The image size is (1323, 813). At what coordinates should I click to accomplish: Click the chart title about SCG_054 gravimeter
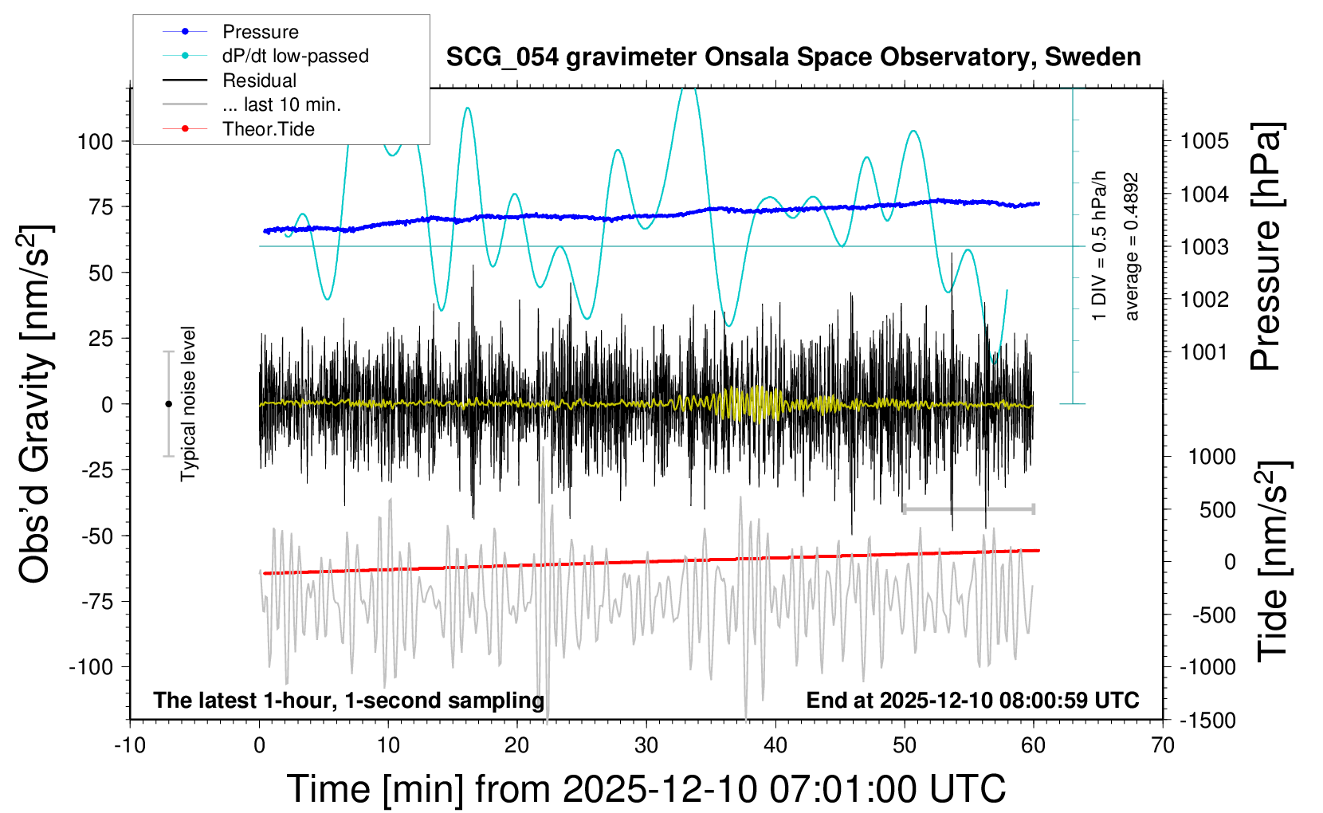[x=793, y=57]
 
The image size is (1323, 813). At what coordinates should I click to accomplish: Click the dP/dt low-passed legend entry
[x=295, y=56]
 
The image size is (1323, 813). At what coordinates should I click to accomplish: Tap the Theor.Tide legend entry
[x=268, y=129]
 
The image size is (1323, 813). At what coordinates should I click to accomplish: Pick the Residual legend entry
[x=259, y=81]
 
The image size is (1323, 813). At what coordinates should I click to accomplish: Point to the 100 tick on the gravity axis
[x=95, y=142]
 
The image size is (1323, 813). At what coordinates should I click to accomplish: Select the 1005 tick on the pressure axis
[x=1204, y=142]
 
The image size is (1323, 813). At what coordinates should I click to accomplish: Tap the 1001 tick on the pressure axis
[x=1204, y=352]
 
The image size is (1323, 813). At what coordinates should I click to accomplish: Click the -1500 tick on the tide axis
[x=1207, y=721]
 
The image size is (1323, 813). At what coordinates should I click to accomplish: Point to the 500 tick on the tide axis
[x=1217, y=510]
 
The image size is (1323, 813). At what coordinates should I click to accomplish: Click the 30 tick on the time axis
[x=646, y=746]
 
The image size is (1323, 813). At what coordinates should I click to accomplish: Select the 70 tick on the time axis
[x=1163, y=746]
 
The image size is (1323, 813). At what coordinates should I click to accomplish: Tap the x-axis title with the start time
[x=646, y=789]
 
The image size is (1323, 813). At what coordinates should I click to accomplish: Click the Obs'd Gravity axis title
[x=36, y=404]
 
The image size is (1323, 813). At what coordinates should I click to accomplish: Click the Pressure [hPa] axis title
[x=1266, y=247]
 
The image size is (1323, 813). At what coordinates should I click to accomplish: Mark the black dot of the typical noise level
[x=168, y=404]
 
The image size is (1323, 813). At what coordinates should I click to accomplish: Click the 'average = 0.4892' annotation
[x=1132, y=247]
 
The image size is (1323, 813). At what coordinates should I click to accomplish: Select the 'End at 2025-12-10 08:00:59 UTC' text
[x=972, y=701]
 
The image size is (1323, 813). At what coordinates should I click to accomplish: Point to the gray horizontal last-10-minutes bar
[x=968, y=509]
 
